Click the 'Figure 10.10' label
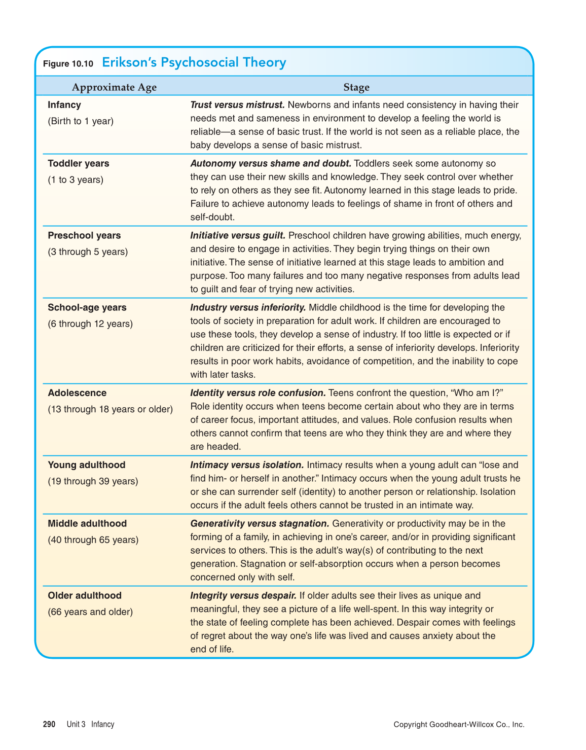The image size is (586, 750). click(x=68, y=63)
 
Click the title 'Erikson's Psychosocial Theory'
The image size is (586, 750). click(x=194, y=62)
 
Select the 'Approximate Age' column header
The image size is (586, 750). click(x=114, y=87)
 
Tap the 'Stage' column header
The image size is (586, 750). click(x=356, y=87)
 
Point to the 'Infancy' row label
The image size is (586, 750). click(x=64, y=105)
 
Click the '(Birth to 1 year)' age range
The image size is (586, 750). click(x=81, y=121)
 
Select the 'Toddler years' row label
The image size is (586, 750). click(x=79, y=163)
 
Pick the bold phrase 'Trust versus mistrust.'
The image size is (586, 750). click(x=237, y=105)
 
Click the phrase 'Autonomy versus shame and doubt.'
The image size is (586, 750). click(x=271, y=163)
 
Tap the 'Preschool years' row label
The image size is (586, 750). click(x=84, y=235)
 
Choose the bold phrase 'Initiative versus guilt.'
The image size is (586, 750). click(x=238, y=235)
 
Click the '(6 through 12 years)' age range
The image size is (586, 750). click(x=90, y=324)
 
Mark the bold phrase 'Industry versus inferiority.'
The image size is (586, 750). click(x=248, y=307)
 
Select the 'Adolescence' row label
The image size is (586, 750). click(x=77, y=393)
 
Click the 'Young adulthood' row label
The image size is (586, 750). click(x=87, y=465)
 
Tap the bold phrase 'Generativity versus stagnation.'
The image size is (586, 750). click(x=260, y=523)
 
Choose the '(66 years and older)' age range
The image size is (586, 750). click(x=90, y=612)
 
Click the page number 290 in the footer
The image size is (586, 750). click(x=49, y=724)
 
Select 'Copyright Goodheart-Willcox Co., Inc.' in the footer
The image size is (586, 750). click(x=459, y=724)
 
